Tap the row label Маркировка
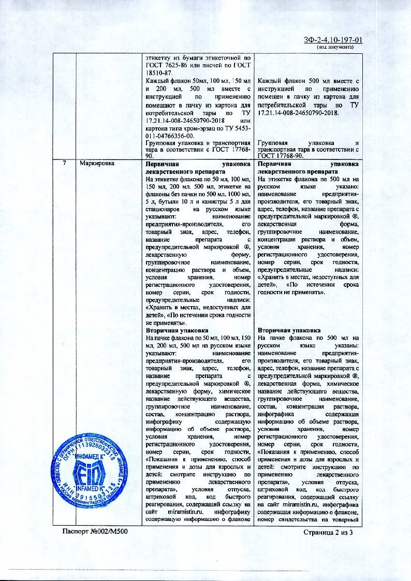click(97, 163)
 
